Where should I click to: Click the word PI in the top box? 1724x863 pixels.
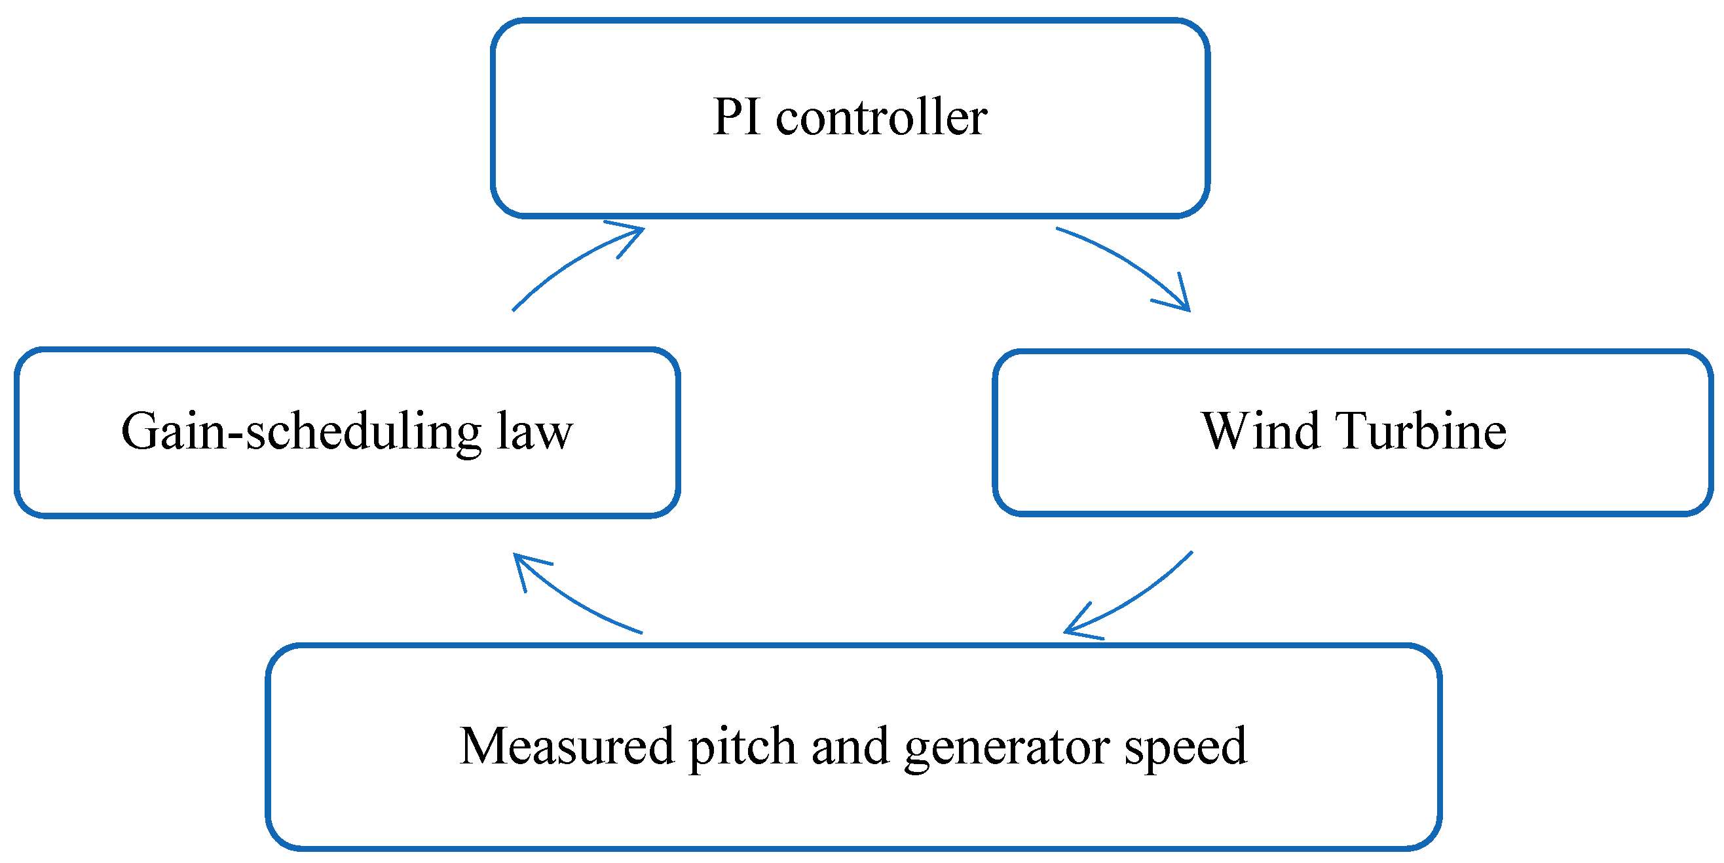click(x=736, y=117)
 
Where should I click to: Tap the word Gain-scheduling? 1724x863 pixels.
click(x=301, y=432)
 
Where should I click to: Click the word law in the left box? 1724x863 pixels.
click(x=534, y=432)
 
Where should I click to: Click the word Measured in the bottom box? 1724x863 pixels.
click(x=566, y=746)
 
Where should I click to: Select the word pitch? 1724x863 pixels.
click(x=742, y=746)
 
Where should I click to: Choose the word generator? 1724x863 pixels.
click(x=1007, y=746)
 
